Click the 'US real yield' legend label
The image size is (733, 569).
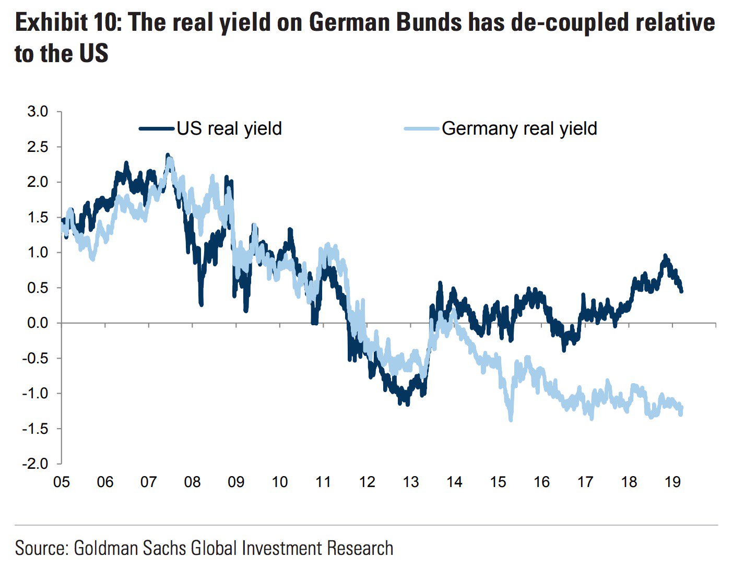[x=229, y=128]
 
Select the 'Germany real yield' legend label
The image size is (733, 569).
[x=519, y=128]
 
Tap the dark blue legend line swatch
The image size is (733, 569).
[x=157, y=128]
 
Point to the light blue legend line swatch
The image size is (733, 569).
[x=422, y=128]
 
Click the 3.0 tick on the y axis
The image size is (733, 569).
[x=37, y=112]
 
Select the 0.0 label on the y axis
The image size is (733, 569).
[x=37, y=323]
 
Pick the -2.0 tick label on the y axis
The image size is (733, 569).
[x=35, y=464]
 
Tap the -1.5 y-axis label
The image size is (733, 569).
[x=35, y=429]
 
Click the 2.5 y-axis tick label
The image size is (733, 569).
[x=37, y=147]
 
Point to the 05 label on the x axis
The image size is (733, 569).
[x=62, y=482]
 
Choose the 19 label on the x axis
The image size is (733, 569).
[x=673, y=482]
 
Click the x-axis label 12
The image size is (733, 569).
[x=367, y=482]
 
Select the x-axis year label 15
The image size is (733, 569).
[x=498, y=482]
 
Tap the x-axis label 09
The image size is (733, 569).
[x=236, y=482]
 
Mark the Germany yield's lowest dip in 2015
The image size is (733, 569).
[x=510, y=419]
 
